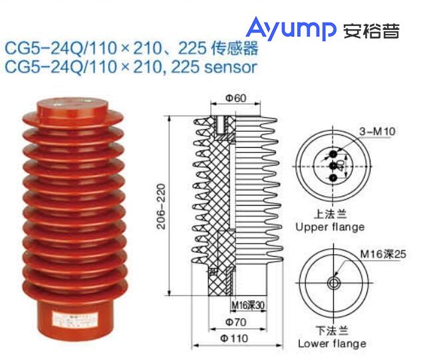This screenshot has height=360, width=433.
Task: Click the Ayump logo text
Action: [x=291, y=29]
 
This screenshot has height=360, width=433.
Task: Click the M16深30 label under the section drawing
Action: [x=247, y=306]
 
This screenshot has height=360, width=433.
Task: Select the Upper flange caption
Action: [x=330, y=227]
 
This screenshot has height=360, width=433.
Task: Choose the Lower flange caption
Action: [x=331, y=343]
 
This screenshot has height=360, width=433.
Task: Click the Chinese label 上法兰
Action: [x=329, y=215]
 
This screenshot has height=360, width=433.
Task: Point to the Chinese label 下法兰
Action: [x=331, y=331]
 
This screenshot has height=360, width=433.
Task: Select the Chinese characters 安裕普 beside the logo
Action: [x=372, y=31]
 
